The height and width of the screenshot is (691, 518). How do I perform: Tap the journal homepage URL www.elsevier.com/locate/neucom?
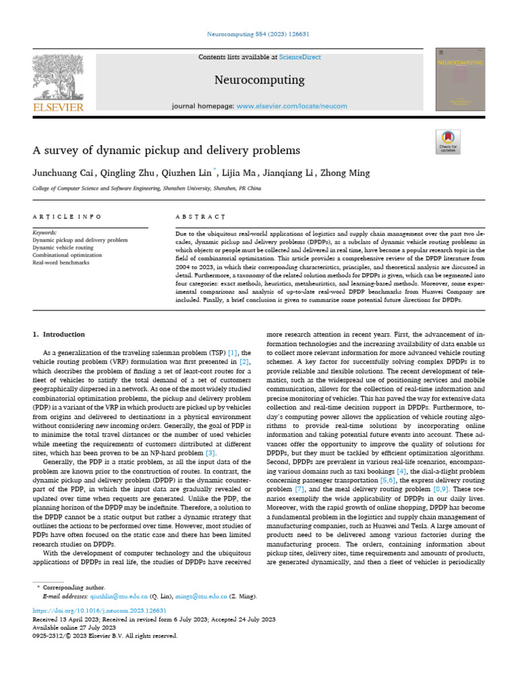click(291, 107)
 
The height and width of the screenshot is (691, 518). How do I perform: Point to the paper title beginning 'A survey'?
click(167, 149)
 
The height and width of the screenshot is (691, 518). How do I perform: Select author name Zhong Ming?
click(346, 173)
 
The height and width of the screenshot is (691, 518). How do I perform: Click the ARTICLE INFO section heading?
click(67, 217)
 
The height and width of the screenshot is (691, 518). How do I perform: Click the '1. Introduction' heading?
click(59, 334)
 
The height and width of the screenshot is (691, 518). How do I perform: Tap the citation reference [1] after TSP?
click(232, 352)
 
